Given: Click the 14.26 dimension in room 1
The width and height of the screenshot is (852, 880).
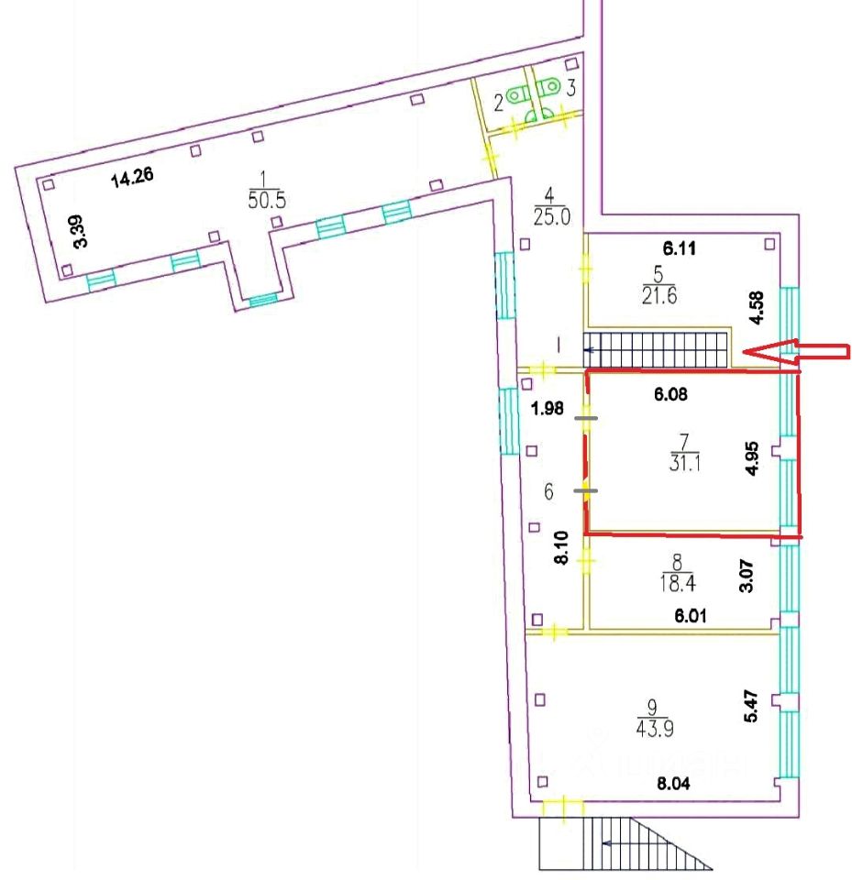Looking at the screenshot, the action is [132, 178].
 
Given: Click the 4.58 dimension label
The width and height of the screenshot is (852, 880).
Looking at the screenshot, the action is [755, 308].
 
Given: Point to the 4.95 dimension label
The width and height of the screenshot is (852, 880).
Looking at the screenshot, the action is [752, 456].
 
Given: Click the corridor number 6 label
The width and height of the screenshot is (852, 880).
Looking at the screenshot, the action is [549, 491].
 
